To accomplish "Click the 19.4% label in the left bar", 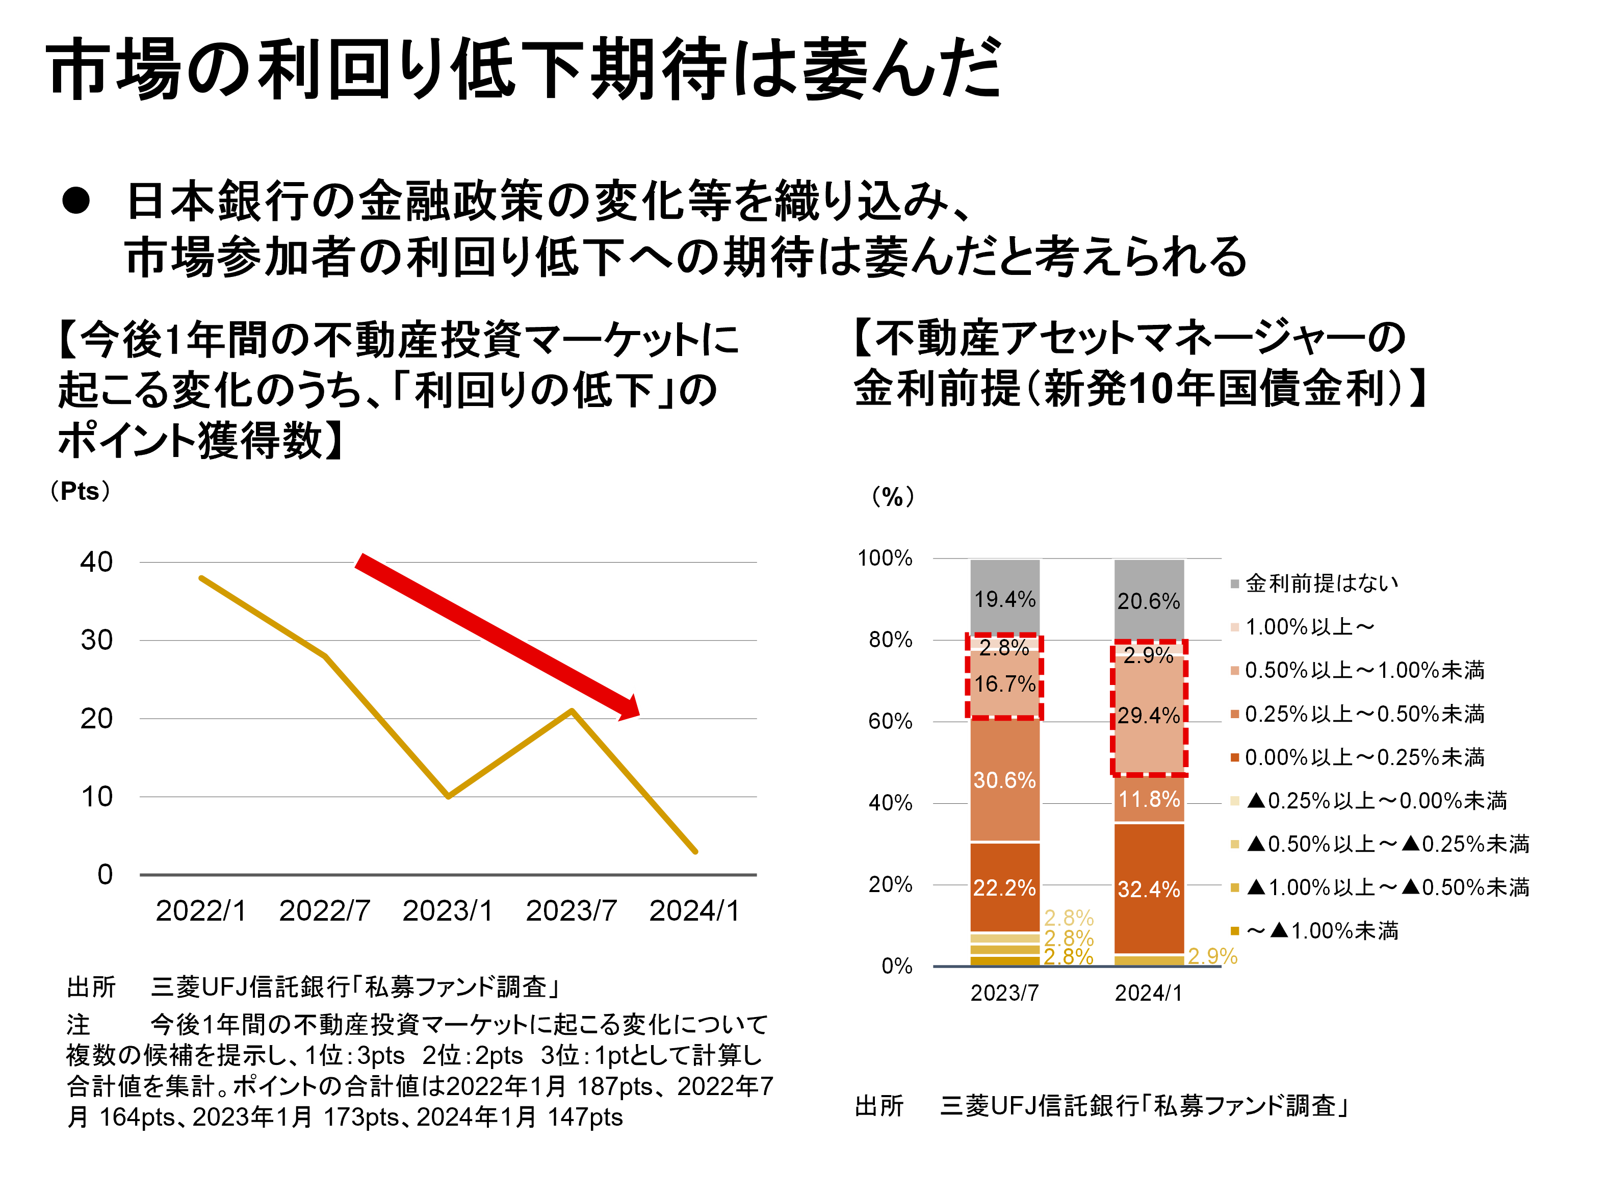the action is point(1004,599).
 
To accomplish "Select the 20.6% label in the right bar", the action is point(1149,601).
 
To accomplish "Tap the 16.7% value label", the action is point(1004,684).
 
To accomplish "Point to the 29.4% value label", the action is point(1149,716).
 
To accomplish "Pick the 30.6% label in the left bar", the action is point(1004,780).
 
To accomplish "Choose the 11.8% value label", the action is point(1149,799).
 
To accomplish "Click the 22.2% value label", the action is point(1004,887).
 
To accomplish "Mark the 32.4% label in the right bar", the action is point(1149,889).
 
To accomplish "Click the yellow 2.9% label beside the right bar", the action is point(1213,956).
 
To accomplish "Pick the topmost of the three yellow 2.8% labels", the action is point(1069,918).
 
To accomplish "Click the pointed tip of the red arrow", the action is point(641,717).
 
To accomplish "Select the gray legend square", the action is point(1234,583).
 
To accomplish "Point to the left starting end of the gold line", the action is point(201,578).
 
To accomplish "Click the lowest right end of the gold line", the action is point(695,852).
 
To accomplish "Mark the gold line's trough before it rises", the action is point(448,797).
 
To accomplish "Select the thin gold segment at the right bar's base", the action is point(1149,960).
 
